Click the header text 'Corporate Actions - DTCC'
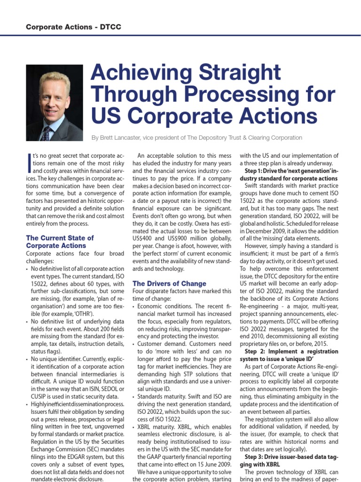click(x=73, y=27)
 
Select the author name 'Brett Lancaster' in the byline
click(x=125, y=137)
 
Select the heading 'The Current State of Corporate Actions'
click(x=60, y=241)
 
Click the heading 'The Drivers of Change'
click(x=169, y=283)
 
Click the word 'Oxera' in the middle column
click(x=202, y=216)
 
